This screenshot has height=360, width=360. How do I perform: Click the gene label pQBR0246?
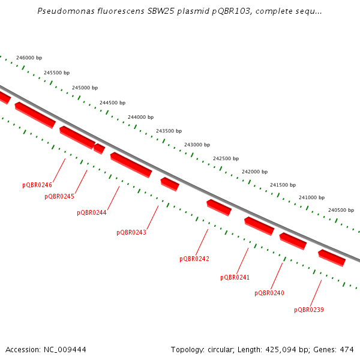(37, 185)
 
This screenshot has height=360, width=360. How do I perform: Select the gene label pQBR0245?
(59, 197)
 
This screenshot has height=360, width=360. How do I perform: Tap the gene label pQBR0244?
(91, 212)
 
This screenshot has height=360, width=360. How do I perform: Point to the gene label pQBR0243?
(131, 232)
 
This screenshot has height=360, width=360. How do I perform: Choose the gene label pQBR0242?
(194, 259)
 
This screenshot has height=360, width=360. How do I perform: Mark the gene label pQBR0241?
(235, 277)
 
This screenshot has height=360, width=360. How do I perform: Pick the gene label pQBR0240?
(269, 293)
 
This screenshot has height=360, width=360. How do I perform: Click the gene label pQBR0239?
(309, 310)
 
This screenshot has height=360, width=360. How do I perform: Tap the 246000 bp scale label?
(29, 58)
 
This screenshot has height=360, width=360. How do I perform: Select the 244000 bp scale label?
(140, 117)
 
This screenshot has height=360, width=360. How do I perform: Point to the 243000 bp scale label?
(197, 145)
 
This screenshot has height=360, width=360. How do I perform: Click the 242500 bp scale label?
(226, 158)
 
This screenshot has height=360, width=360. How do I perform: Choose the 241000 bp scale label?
(311, 197)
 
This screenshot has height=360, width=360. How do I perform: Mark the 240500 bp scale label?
(341, 210)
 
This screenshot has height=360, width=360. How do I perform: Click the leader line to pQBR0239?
(316, 293)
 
